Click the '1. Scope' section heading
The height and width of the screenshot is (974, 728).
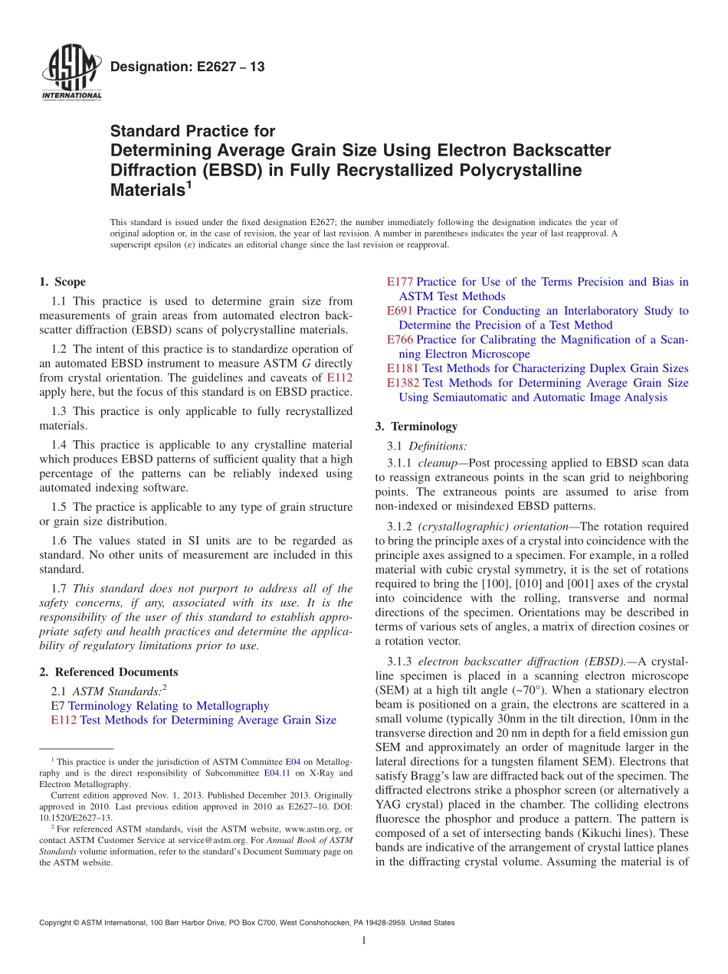click(63, 282)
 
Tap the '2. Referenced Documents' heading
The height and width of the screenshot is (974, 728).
click(109, 672)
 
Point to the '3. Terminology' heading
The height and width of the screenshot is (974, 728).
click(417, 427)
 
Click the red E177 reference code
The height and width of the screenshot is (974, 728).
click(400, 282)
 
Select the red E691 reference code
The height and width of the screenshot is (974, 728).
click(400, 311)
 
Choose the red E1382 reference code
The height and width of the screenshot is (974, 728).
click(403, 383)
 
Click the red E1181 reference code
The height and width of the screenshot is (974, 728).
click(403, 368)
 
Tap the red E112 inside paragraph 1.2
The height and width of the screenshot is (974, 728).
click(339, 378)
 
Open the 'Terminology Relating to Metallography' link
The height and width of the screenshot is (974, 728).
click(169, 705)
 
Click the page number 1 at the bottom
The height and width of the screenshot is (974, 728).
click(364, 941)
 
